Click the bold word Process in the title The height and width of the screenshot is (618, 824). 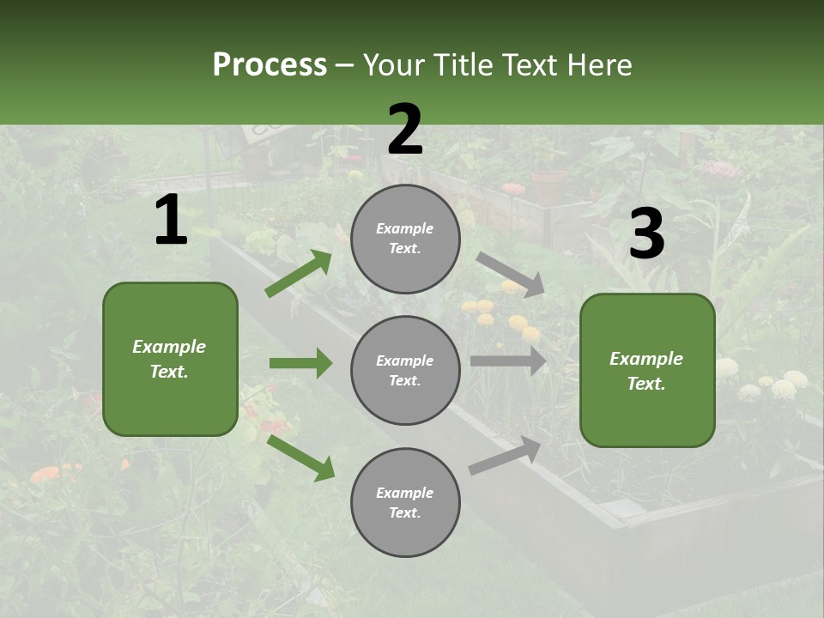coord(270,65)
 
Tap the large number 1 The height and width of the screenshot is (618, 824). coord(171,221)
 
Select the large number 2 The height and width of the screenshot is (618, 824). coord(405,130)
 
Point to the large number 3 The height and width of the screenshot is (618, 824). coord(646,233)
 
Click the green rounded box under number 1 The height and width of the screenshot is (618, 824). coord(170,359)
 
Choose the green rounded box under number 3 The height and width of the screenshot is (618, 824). coord(647,370)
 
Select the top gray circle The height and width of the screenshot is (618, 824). coord(405,239)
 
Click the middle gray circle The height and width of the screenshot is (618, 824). coord(405,371)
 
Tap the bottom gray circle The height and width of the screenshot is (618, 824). coord(405,503)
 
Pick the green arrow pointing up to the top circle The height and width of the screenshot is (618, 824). coord(299,273)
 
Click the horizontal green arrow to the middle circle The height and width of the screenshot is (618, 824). coord(300,363)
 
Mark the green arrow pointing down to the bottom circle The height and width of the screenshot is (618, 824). coord(300,457)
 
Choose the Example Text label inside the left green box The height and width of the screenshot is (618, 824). coord(169,359)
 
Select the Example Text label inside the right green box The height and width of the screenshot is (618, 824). coord(646,371)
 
